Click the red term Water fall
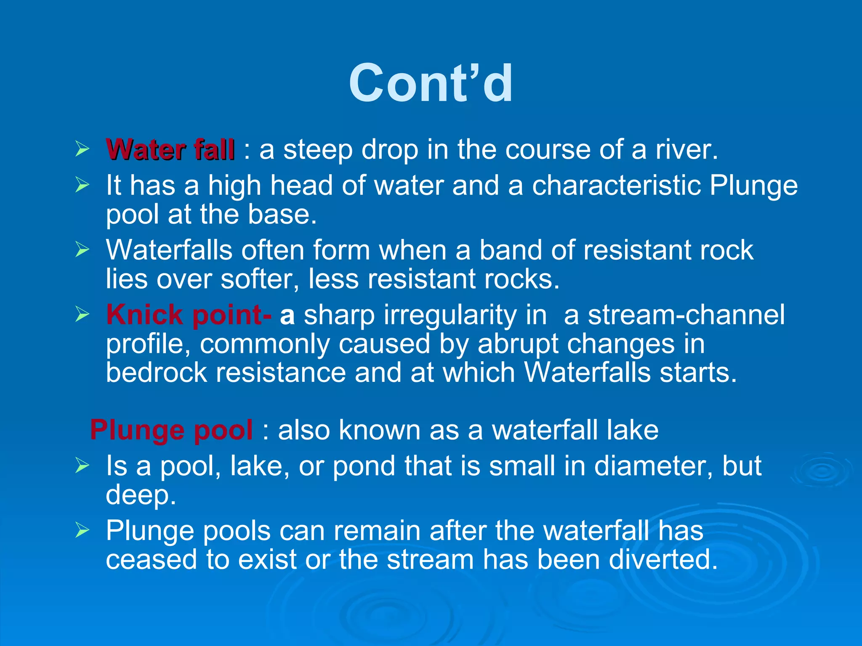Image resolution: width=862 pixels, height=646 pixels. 170,150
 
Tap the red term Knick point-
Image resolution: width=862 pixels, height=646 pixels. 189,315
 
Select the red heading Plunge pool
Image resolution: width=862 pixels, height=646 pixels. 171,430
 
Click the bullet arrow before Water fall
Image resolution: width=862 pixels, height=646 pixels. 82,149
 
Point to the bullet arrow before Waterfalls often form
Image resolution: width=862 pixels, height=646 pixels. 82,250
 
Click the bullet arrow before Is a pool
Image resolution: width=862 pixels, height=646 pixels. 82,466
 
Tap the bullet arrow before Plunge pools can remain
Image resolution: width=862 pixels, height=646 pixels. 82,530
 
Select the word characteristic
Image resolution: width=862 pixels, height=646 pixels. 617,185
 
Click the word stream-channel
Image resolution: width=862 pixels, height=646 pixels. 686,315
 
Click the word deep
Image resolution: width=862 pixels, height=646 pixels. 140,495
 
